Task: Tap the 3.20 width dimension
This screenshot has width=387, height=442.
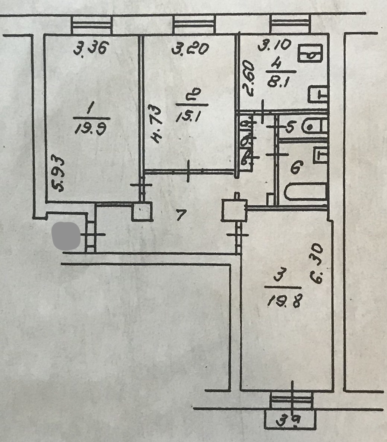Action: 189,48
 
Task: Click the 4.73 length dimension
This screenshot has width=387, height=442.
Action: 157,125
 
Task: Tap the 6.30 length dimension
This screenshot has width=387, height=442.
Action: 317,264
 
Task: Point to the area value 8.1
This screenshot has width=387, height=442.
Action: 276,81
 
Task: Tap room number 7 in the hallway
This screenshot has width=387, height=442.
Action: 181,215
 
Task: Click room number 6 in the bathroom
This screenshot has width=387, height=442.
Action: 296,169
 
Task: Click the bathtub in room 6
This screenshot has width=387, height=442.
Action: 305,193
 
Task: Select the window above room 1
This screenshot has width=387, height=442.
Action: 92,25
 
